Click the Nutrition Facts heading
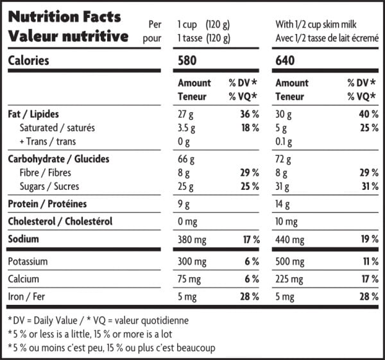[x=64, y=17]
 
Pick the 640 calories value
[x=287, y=62]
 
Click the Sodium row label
[x=23, y=239]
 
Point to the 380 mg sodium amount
[x=193, y=239]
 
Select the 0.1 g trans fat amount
[x=285, y=142]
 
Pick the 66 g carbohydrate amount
[x=186, y=159]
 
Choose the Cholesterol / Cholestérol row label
[x=60, y=221]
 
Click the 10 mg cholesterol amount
[x=287, y=222]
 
